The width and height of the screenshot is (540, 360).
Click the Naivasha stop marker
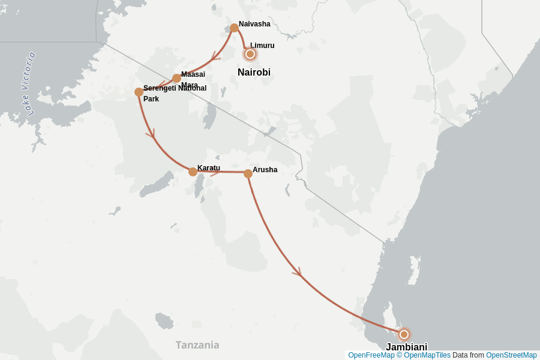point(234,28)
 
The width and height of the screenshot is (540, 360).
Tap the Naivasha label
point(254,24)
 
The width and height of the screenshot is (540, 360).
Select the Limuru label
point(262,46)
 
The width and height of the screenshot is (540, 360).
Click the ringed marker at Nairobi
point(250,54)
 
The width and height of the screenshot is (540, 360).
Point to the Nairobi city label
point(254,73)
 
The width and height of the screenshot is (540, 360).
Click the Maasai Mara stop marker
point(176,78)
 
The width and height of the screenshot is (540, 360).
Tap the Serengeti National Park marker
point(139,92)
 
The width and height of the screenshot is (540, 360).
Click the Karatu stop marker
point(193,172)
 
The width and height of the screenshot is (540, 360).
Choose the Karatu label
point(209,168)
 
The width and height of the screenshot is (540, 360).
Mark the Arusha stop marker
point(248,173)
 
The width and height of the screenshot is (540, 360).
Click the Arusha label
point(265,170)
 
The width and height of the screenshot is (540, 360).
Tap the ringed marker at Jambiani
point(404,334)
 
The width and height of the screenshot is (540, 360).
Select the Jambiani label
point(406,347)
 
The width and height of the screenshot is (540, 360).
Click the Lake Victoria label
point(28,83)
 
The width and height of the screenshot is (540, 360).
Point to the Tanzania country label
point(197,345)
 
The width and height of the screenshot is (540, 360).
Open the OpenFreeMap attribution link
point(371,355)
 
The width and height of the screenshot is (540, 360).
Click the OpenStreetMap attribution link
point(511,355)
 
